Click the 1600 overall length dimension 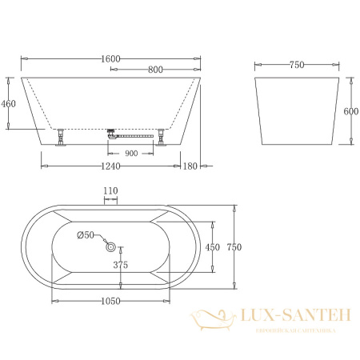point(110,58)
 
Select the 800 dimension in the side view point(157,70)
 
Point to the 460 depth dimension point(10,103)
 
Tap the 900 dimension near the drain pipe point(132,152)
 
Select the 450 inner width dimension point(212,247)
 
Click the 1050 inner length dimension point(110,302)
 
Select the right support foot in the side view point(162,138)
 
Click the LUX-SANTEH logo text point(294,319)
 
